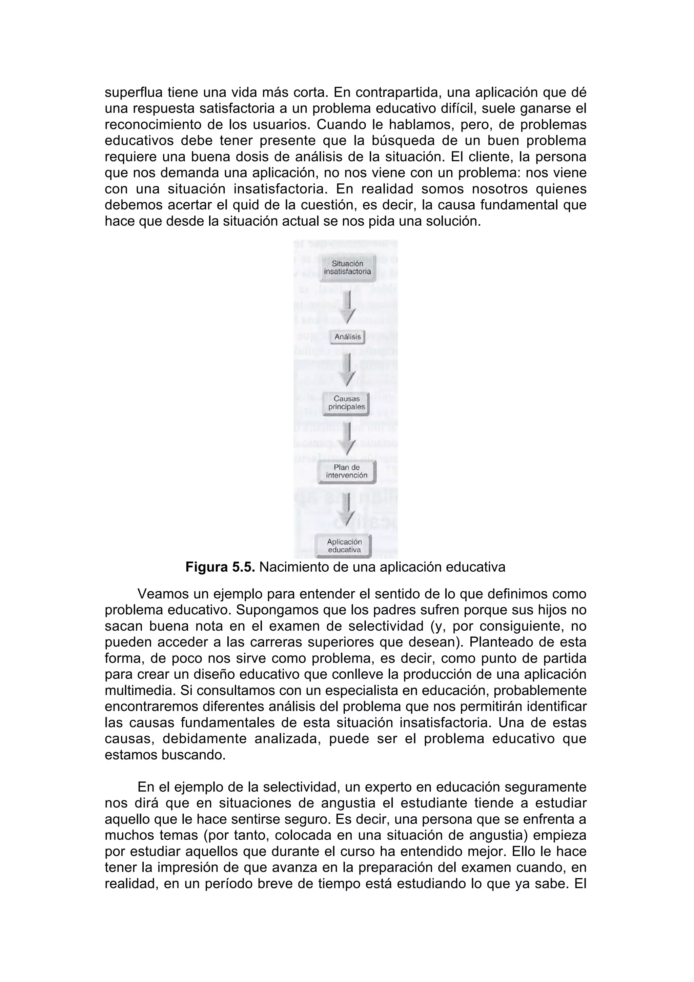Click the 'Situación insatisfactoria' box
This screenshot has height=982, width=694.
point(347,268)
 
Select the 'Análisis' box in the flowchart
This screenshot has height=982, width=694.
point(347,337)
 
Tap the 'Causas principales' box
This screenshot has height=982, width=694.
point(346,403)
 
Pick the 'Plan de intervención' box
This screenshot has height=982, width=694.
point(346,471)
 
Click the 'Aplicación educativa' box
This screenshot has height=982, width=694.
point(344,546)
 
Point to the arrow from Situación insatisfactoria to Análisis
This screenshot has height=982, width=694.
point(348,307)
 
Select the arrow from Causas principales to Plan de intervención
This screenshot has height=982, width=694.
point(348,437)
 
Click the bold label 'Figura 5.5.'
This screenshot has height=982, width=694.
point(220,567)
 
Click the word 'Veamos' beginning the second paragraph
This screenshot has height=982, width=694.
point(163,594)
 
